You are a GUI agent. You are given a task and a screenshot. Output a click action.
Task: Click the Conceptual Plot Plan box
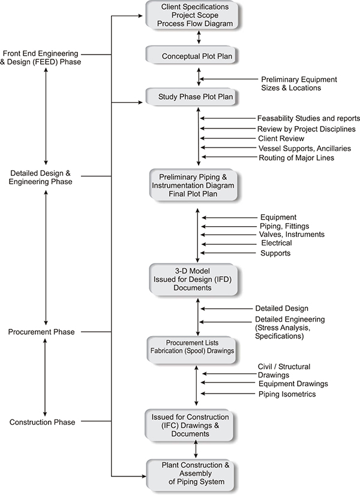click(192, 56)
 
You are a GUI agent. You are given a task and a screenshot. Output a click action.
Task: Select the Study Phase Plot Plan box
click(192, 97)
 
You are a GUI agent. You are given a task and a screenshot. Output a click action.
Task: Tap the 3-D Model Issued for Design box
click(194, 280)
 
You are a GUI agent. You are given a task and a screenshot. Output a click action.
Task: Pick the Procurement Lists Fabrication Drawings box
click(192, 350)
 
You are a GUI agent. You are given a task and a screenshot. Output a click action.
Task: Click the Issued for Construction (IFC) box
click(190, 425)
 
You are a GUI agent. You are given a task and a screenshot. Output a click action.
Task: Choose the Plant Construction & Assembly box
click(191, 475)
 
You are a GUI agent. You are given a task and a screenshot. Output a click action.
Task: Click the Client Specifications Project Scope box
click(192, 16)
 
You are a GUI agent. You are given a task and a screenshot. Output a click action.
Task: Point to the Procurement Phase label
click(41, 332)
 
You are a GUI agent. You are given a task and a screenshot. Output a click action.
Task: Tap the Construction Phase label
click(43, 422)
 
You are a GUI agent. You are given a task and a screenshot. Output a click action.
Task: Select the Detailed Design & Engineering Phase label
click(40, 178)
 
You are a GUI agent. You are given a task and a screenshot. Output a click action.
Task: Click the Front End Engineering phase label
click(40, 58)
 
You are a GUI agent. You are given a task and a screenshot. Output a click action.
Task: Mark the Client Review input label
click(281, 138)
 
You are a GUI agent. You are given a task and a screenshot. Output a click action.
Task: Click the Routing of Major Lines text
click(296, 158)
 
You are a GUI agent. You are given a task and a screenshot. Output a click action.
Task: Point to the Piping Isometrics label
click(287, 394)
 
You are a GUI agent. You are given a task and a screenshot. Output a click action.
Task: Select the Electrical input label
click(277, 243)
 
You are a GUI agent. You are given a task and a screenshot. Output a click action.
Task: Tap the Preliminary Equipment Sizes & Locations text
click(299, 83)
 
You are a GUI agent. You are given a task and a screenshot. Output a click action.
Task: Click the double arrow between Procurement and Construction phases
click(45, 377)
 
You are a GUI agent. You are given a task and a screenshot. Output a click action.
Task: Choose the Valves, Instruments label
click(292, 234)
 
